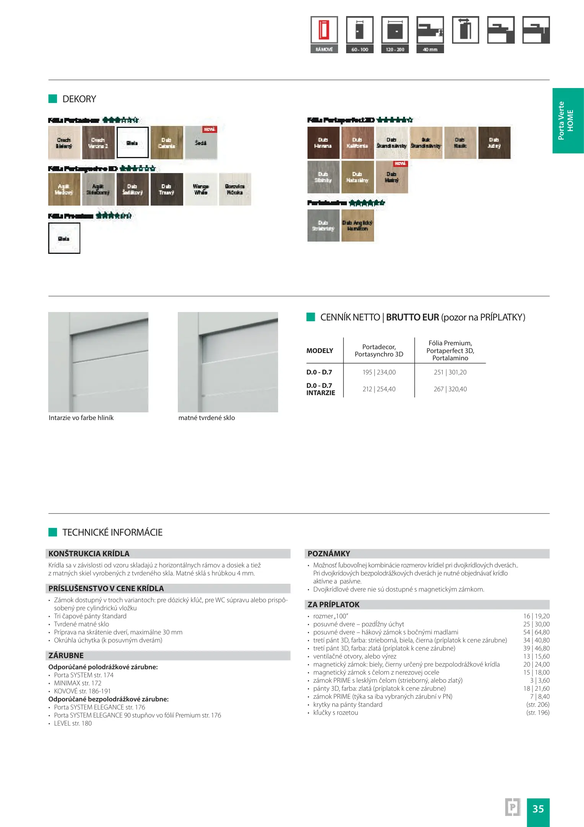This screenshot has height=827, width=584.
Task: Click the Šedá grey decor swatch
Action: pos(201,143)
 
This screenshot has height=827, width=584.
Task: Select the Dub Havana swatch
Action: pos(323,143)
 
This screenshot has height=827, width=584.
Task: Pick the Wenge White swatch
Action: pos(201,190)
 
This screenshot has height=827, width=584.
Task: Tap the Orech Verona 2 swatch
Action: pos(98,143)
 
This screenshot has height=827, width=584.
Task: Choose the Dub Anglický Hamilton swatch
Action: pos(358,226)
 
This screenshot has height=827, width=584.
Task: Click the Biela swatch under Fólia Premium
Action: pos(64,239)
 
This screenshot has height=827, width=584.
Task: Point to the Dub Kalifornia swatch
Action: pos(357,143)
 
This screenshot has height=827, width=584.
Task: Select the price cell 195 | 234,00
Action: pos(379,372)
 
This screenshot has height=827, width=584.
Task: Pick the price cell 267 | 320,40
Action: pos(450,389)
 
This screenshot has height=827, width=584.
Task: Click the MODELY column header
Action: pos(320,351)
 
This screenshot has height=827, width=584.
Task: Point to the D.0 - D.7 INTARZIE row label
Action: pos(320,389)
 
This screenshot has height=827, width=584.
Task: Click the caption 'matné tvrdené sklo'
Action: pos(207,418)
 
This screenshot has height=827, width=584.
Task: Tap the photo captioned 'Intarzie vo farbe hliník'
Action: pos(98,362)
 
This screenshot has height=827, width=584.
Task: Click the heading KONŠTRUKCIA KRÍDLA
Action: pos(89,554)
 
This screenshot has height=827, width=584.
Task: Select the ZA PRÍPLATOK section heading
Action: pos(333,605)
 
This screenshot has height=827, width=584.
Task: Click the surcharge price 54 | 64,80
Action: pos(536,632)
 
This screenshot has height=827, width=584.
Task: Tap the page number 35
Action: pos(538,809)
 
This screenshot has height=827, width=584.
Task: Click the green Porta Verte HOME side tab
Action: pos(568,121)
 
